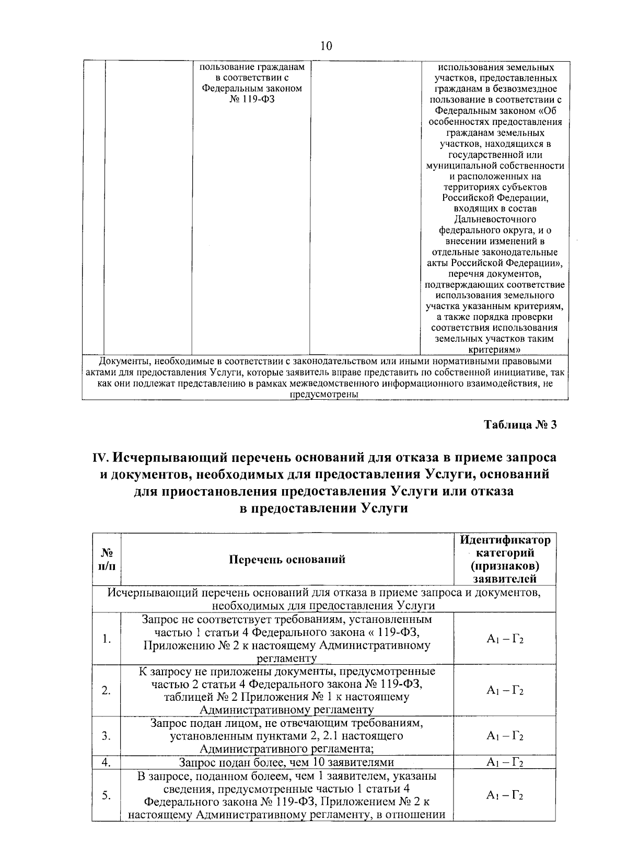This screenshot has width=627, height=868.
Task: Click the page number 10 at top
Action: point(326,46)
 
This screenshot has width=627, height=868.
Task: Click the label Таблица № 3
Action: point(519,424)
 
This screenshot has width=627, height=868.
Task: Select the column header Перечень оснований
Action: point(287,560)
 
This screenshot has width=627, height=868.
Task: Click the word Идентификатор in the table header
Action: point(505,540)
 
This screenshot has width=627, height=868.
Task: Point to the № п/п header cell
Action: point(107,559)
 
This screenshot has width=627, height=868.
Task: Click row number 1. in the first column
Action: point(107,639)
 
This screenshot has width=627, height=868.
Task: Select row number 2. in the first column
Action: point(107,690)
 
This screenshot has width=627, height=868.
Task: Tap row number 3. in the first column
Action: point(107,736)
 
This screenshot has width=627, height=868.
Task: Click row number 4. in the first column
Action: point(107,762)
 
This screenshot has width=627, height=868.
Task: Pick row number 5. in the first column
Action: point(107,795)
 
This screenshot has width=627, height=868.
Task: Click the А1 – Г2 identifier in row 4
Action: point(505,762)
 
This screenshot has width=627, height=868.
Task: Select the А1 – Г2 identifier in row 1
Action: point(505,639)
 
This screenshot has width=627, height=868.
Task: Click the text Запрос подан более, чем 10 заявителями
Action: point(286,762)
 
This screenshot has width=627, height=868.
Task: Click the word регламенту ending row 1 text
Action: point(287,658)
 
